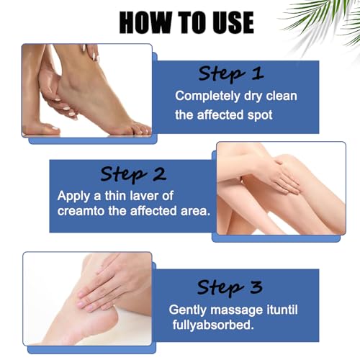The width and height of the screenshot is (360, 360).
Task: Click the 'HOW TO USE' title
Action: [186, 22]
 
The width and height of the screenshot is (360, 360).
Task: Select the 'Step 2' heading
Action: [133, 174]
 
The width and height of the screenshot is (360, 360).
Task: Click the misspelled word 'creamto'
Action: [84, 211]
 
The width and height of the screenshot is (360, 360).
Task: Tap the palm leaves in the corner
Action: [328, 18]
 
